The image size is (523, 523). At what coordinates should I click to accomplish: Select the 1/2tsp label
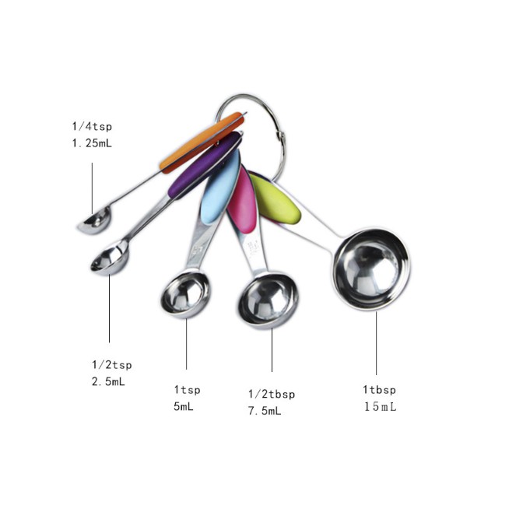112,364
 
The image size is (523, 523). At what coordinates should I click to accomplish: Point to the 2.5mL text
108,381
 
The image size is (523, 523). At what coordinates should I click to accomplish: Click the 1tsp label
187,388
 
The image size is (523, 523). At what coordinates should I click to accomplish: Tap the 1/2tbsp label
272,394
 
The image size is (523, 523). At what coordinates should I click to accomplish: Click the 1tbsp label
379,389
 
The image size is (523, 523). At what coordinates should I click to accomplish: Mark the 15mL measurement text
380,406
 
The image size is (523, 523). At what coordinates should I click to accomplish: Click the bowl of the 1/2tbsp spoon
267,301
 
